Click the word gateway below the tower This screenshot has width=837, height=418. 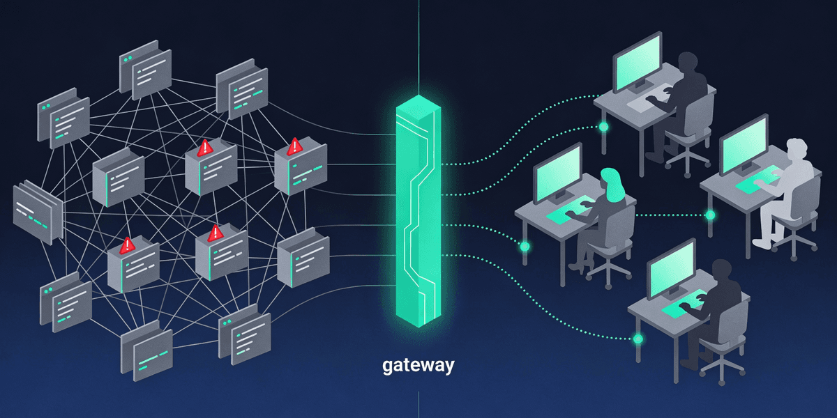(418, 364)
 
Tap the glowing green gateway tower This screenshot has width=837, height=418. (418, 209)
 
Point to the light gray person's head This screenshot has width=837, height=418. (796, 150)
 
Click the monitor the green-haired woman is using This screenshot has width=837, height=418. (557, 172)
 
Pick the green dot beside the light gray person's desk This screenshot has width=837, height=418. (710, 215)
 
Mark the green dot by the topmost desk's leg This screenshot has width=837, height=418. (603, 127)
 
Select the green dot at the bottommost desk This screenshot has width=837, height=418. (637, 339)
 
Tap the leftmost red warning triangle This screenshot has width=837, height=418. (127, 245)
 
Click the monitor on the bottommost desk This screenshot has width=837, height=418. (672, 269)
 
